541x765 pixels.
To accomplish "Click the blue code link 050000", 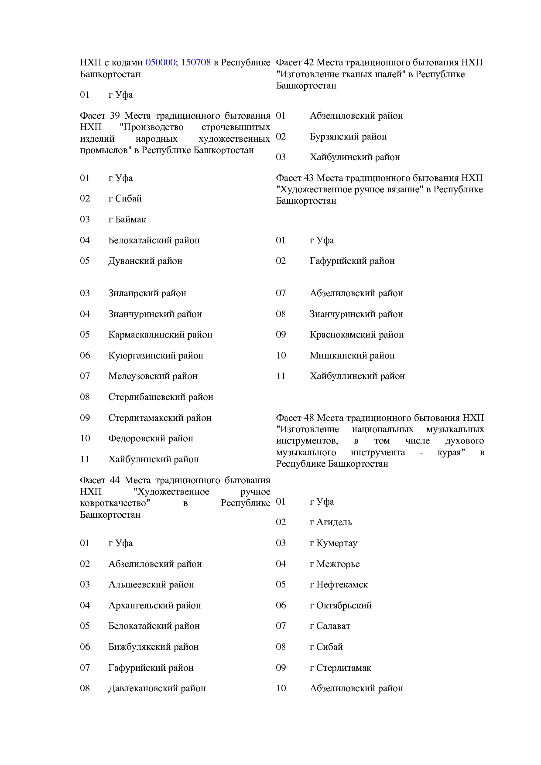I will (x=160, y=62).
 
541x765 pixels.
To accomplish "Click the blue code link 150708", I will (x=196, y=62).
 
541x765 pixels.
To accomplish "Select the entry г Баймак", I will (x=127, y=219).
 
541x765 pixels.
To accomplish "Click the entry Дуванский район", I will (x=145, y=261).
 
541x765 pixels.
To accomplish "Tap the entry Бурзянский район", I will (x=348, y=137).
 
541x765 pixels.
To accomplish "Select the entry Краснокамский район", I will (x=356, y=335).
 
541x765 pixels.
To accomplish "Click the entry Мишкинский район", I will (x=352, y=355).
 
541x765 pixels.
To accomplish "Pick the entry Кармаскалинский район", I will (x=160, y=335).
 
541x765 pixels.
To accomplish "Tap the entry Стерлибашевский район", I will (x=161, y=397).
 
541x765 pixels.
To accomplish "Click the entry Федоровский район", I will (x=151, y=438).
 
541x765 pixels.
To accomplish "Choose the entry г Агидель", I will (x=330, y=522).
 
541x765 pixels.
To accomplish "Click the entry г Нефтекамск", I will (x=339, y=584).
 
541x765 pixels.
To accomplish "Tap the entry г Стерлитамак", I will (x=340, y=668).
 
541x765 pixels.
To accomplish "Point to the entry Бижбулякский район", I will (x=153, y=647).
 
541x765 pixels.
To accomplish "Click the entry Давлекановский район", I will (x=157, y=688).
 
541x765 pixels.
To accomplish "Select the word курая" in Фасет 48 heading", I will (x=451, y=452).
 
